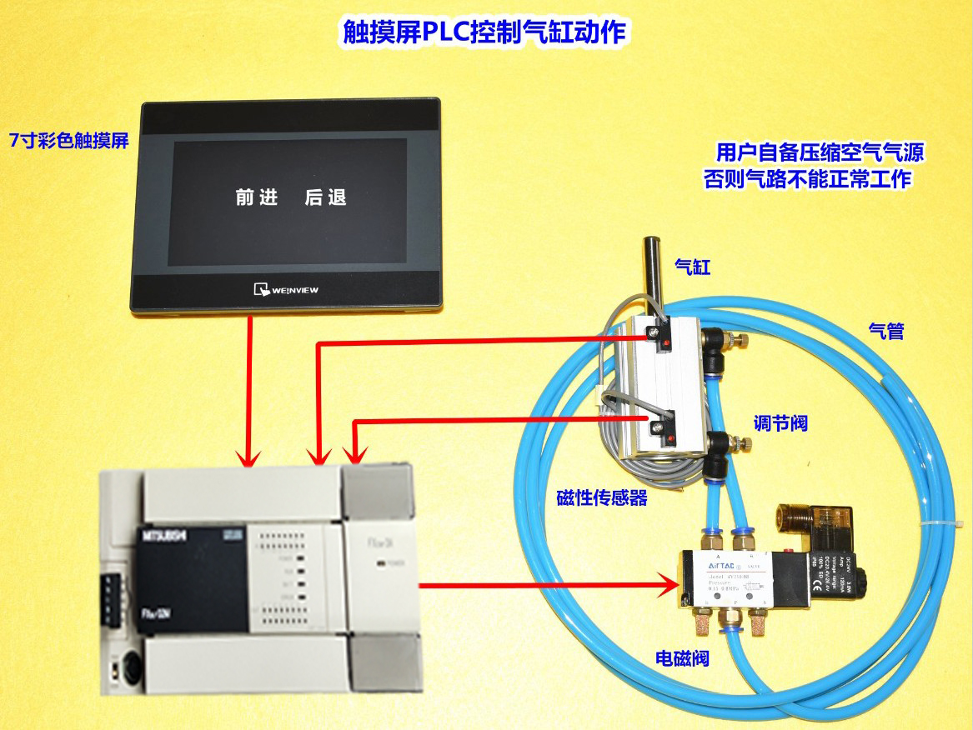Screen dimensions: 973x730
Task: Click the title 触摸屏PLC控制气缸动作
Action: click(x=485, y=32)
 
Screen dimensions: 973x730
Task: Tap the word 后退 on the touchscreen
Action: click(x=325, y=197)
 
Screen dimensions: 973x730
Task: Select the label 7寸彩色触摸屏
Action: click(x=68, y=140)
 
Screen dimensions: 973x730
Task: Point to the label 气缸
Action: click(x=691, y=267)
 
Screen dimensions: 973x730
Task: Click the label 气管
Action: click(x=886, y=331)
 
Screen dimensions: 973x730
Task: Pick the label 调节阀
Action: click(x=781, y=423)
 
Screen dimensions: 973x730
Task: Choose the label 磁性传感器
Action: click(x=602, y=498)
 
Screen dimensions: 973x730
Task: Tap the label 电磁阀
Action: click(x=682, y=658)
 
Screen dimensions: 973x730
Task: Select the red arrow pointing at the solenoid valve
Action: click(x=550, y=585)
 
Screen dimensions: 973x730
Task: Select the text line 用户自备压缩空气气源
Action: click(x=820, y=153)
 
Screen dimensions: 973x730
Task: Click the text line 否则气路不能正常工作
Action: click(x=807, y=179)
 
